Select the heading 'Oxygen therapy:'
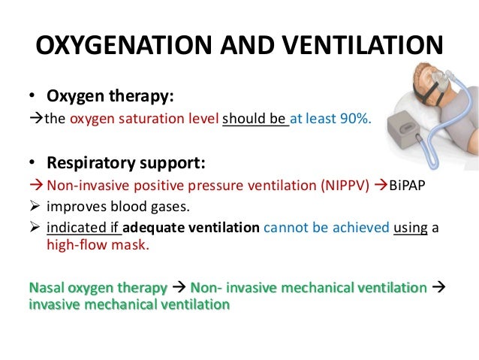(x=110, y=96)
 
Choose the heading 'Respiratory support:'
(x=126, y=162)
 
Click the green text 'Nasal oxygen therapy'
(x=98, y=288)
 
